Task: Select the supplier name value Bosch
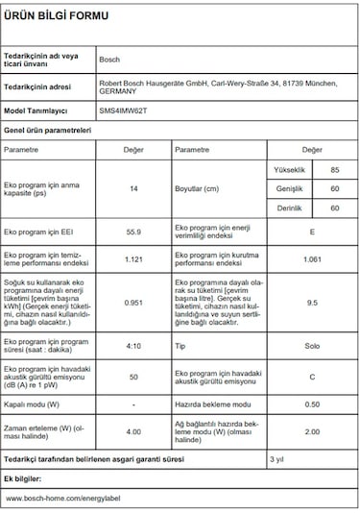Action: point(110,60)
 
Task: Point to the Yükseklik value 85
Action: point(334,170)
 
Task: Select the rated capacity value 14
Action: point(133,188)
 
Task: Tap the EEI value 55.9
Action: point(133,232)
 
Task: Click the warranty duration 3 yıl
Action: point(276,460)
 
